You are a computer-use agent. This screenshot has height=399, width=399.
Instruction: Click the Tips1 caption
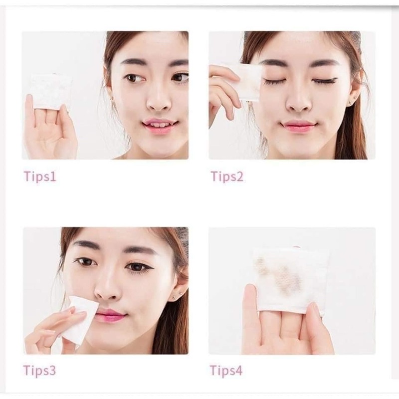(x=40, y=177)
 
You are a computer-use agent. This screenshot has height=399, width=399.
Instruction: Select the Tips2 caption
(x=227, y=177)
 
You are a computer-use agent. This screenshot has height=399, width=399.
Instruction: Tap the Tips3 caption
(x=40, y=371)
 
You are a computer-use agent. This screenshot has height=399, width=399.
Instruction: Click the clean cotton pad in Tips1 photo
(x=49, y=90)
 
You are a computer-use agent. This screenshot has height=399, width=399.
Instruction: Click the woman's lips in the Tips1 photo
(x=159, y=125)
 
